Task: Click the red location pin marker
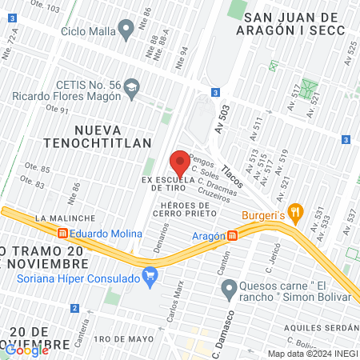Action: (x=180, y=162)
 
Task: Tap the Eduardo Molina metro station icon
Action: (x=62, y=232)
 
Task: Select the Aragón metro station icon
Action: (x=232, y=236)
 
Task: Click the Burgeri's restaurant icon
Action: (x=296, y=213)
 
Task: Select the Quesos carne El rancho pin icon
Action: (x=229, y=287)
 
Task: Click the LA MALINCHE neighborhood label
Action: (x=66, y=218)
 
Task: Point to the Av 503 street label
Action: (x=223, y=119)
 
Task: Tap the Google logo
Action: (x=27, y=350)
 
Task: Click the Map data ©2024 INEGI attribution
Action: (x=312, y=354)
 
